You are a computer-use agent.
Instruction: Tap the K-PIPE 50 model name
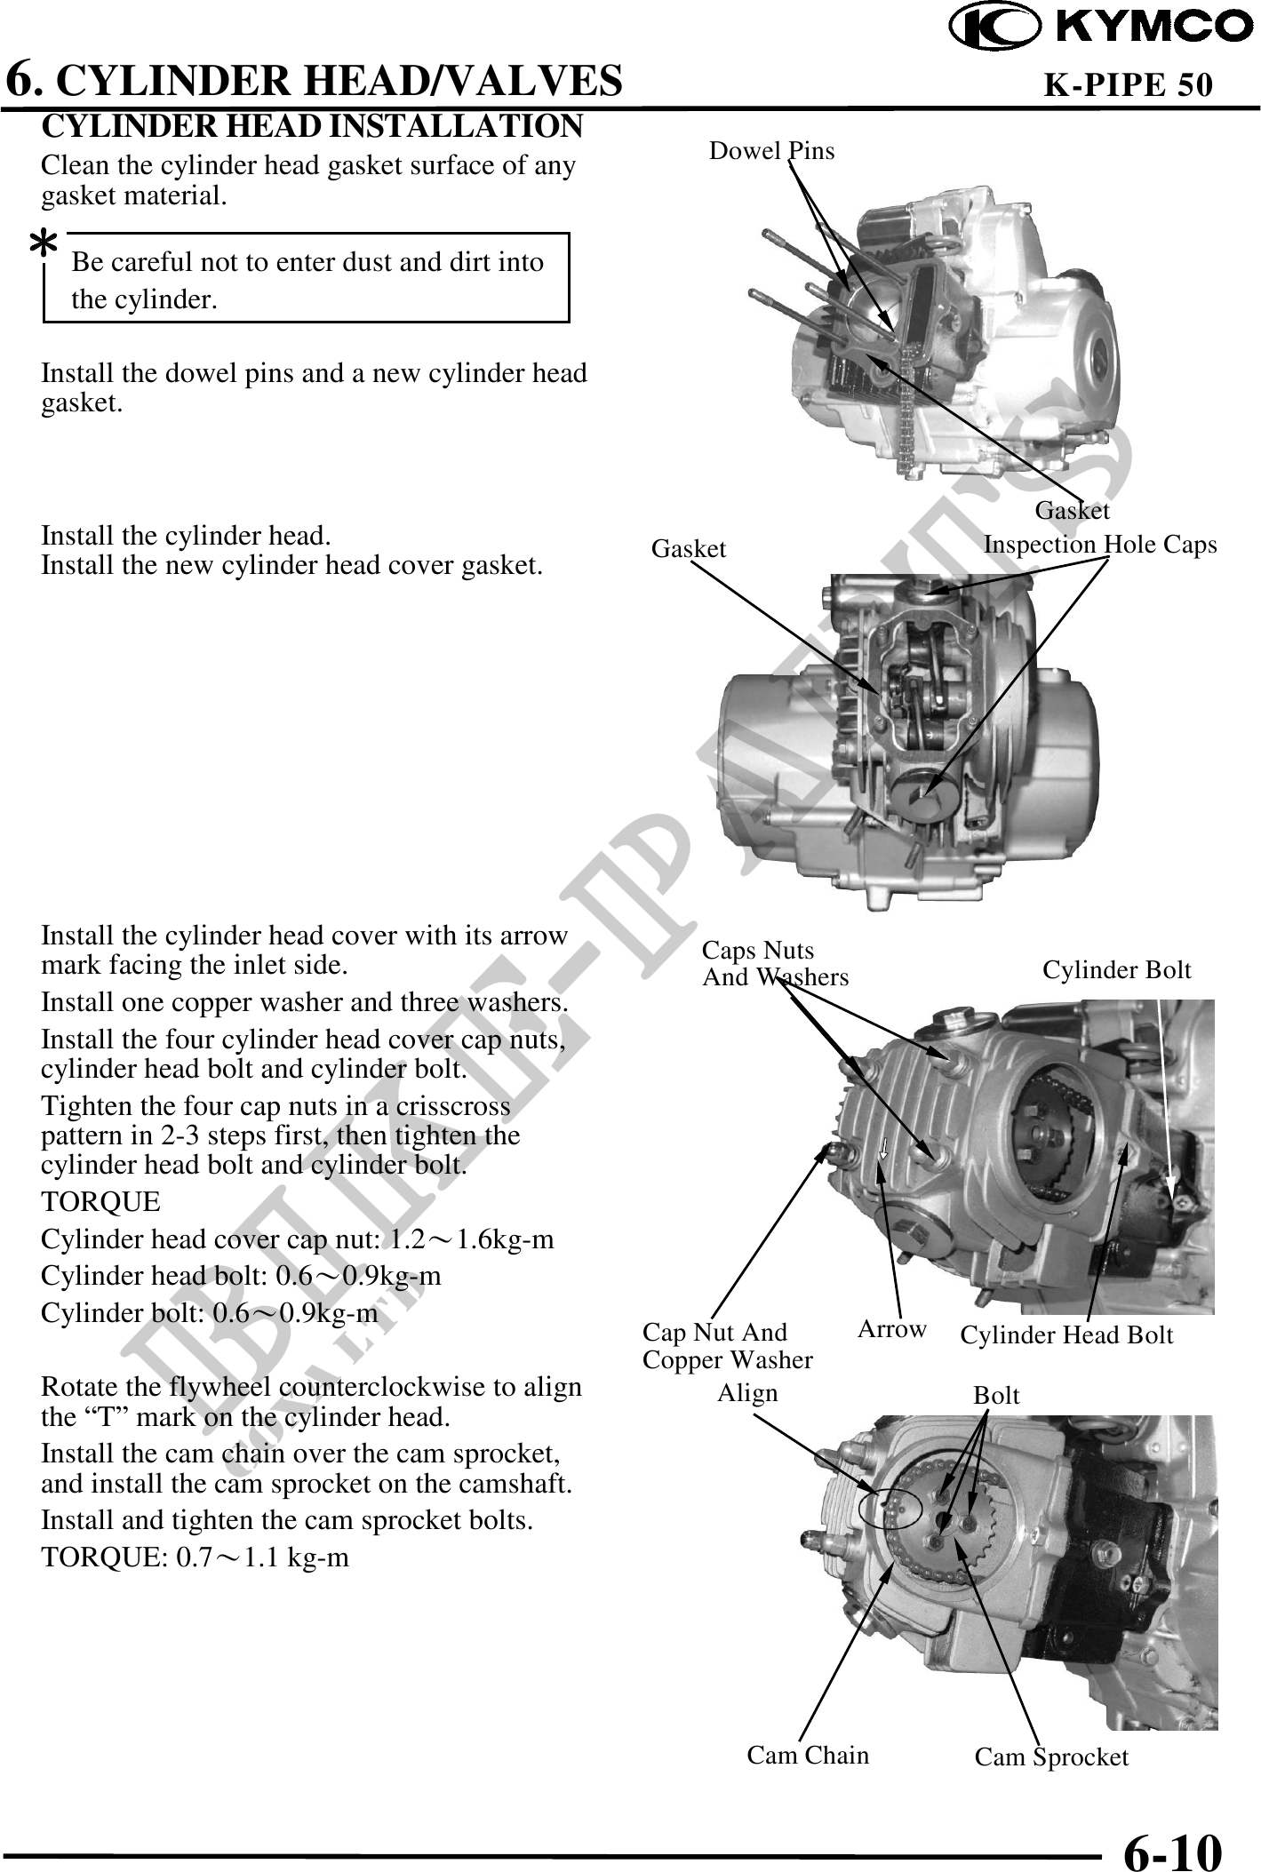1127,84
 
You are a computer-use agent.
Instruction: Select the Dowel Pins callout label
771,151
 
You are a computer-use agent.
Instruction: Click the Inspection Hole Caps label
1100,545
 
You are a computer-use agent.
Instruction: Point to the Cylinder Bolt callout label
1116,970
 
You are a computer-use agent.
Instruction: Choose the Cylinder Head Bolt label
1066,1334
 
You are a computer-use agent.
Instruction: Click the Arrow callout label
891,1329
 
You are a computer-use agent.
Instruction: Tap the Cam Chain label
808,1755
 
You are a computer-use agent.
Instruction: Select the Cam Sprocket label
1051,1756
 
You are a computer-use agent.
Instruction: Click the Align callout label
746,1393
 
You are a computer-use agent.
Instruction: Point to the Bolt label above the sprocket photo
996,1396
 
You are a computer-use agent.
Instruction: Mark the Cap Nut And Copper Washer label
727,1346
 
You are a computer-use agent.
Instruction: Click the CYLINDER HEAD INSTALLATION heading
312,127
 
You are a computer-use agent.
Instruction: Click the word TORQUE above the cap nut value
101,1203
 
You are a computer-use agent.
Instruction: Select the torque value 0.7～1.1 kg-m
262,1557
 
